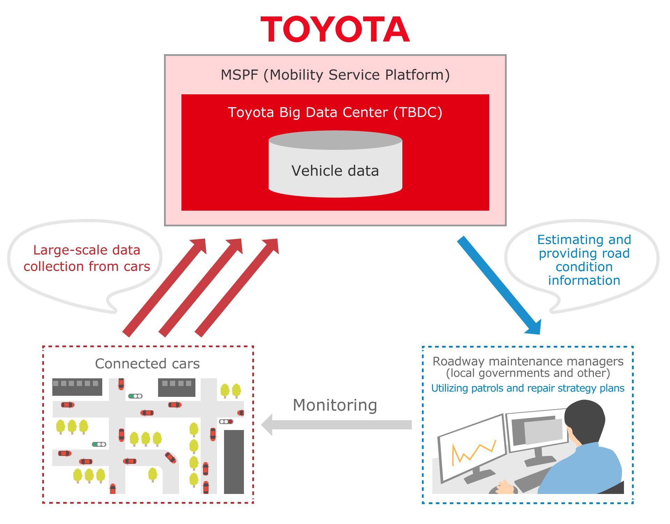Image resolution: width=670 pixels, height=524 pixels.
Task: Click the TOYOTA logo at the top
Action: [x=335, y=30]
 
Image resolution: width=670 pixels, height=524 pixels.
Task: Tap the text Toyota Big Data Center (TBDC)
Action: [x=335, y=112]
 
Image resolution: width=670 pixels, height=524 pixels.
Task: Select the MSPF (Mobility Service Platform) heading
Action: [x=335, y=75]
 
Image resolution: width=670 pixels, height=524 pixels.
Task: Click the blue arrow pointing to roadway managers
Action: [x=499, y=285]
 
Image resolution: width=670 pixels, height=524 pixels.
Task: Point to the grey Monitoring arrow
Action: [x=337, y=424]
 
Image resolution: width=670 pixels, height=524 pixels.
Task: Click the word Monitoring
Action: [x=335, y=405]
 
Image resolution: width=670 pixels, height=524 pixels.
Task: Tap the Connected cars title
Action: [x=147, y=364]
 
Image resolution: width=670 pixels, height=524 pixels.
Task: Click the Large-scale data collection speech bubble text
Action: [x=87, y=258]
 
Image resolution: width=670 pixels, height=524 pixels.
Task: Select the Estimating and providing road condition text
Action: [x=584, y=260]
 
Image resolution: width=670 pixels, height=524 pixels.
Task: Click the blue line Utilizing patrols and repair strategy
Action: [x=528, y=388]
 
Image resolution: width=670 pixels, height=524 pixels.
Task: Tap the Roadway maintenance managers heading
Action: [x=528, y=362]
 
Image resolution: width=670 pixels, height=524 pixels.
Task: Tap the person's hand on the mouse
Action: [x=504, y=487]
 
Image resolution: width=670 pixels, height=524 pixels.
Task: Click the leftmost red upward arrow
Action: [x=164, y=288]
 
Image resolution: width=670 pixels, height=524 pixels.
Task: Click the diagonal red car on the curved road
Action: [x=170, y=457]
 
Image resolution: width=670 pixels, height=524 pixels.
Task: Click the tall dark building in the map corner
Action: [x=233, y=461]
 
